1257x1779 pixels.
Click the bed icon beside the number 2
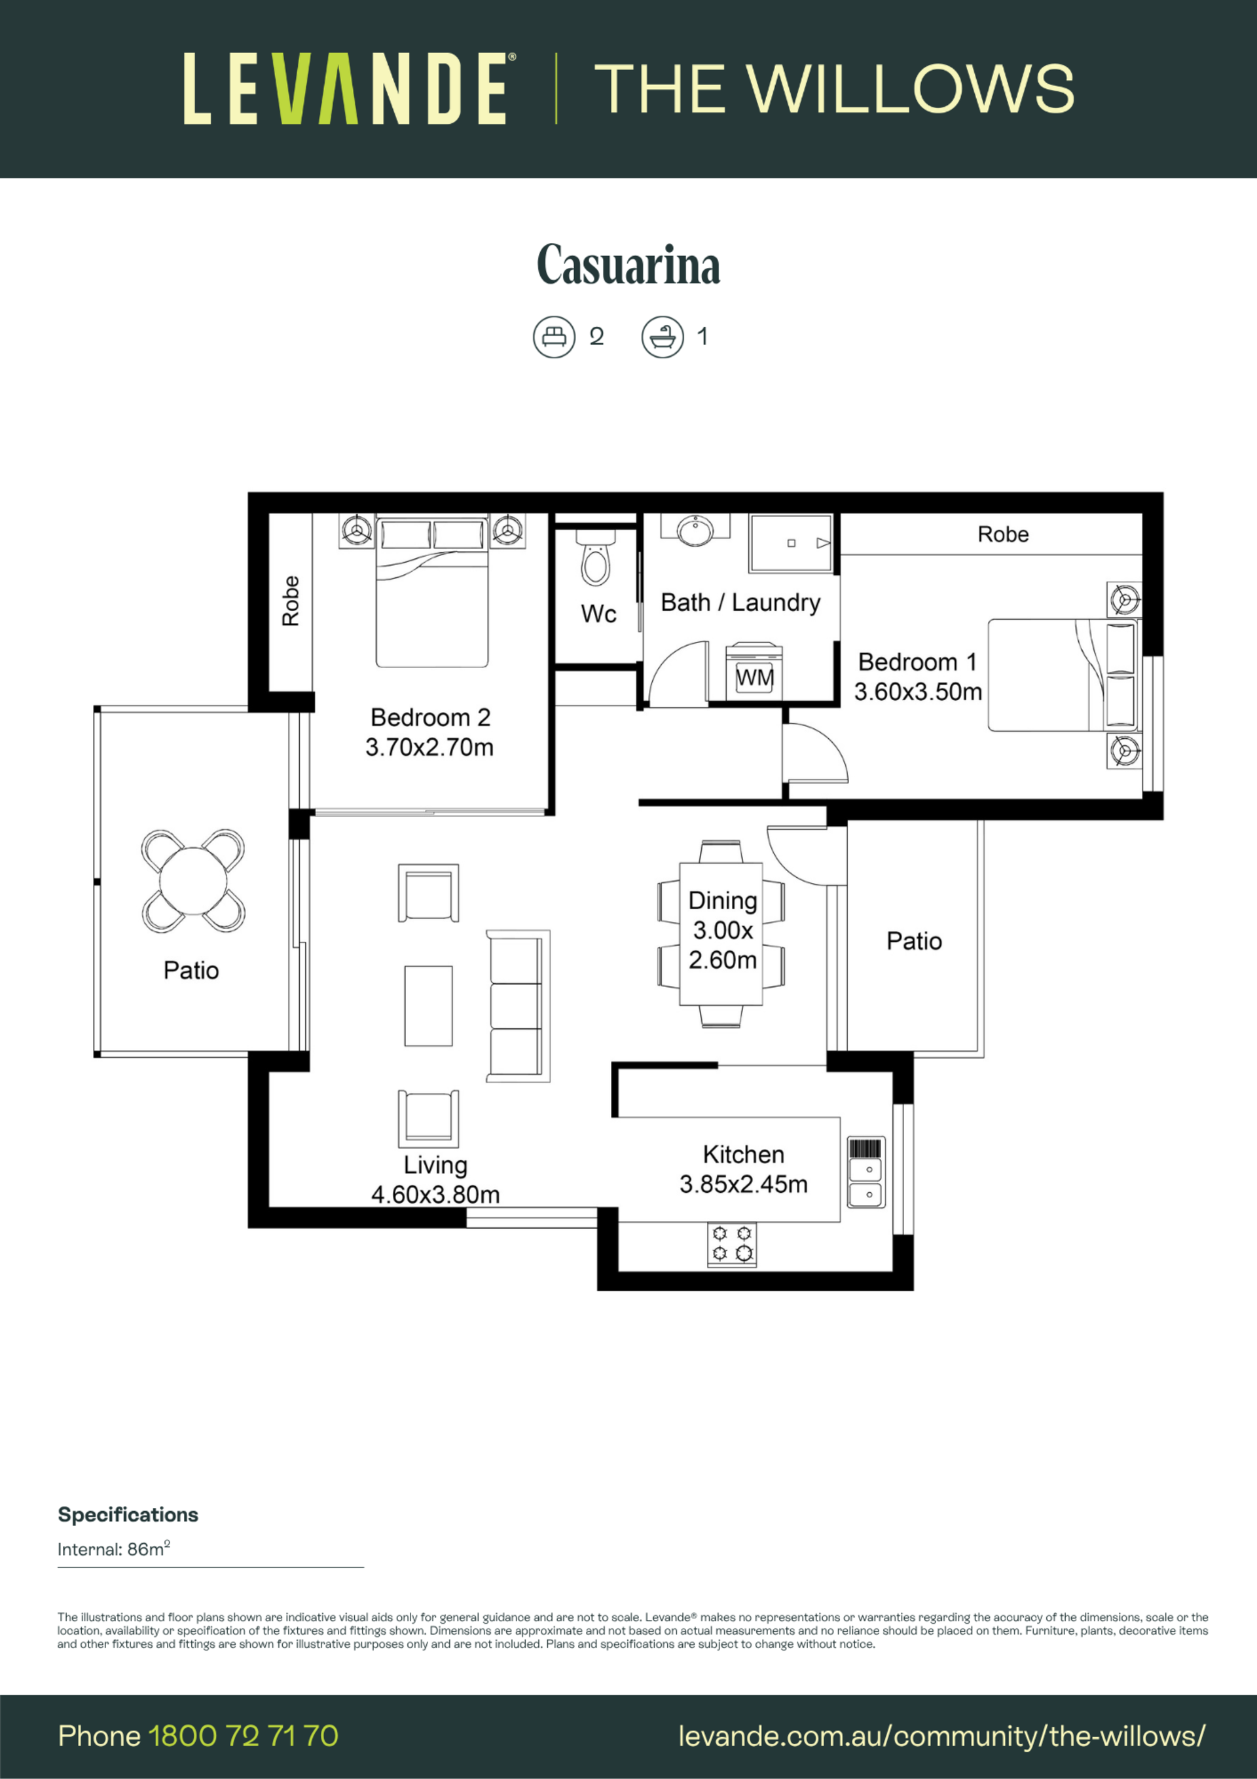(x=554, y=337)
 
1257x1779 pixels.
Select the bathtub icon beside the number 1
(x=662, y=337)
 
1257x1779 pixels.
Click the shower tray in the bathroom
(x=791, y=543)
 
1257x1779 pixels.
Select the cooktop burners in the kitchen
(x=732, y=1245)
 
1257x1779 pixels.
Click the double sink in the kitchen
(x=866, y=1172)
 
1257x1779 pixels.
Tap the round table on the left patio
(x=193, y=881)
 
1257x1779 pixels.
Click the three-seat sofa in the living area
(x=517, y=1005)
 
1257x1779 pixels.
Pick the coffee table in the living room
(x=428, y=1005)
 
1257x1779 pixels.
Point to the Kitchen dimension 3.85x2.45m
(x=744, y=1184)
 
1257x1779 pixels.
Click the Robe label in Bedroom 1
(x=1003, y=534)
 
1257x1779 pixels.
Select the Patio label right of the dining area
(x=914, y=941)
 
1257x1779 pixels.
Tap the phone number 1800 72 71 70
(x=243, y=1736)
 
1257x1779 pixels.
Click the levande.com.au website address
(x=941, y=1736)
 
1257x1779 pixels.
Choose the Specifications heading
(x=128, y=1515)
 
